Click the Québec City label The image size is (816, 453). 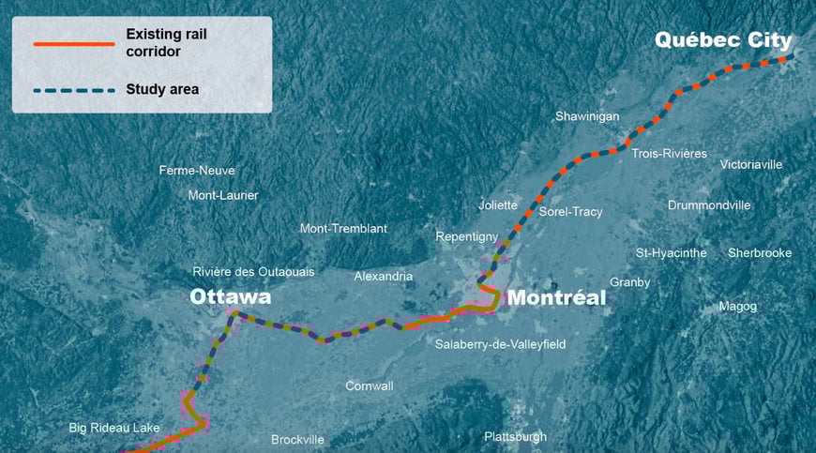[723, 40]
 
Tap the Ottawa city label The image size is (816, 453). [230, 297]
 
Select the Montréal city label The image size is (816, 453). [556, 298]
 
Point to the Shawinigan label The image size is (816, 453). [587, 116]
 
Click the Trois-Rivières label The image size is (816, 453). [670, 153]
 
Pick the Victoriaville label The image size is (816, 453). [750, 164]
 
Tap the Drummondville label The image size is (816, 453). [709, 205]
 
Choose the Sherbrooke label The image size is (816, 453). [760, 253]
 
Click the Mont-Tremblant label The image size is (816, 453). [343, 229]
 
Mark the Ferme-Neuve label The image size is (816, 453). [197, 171]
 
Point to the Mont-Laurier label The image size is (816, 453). [223, 195]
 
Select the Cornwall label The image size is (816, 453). [370, 386]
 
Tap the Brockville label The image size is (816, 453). [297, 440]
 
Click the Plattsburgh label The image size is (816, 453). [515, 437]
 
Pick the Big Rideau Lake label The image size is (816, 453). [114, 428]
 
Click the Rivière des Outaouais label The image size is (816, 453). [253, 272]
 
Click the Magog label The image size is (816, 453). [737, 307]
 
